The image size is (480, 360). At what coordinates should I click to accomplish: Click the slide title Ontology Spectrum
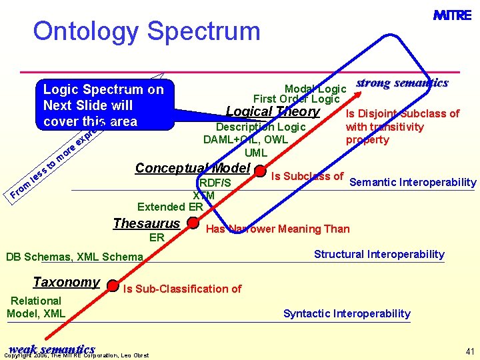coord(146,31)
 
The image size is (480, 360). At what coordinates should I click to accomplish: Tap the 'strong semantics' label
coord(402,83)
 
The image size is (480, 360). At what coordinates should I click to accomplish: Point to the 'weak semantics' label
coord(51,349)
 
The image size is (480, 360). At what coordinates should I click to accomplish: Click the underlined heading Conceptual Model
coord(192,168)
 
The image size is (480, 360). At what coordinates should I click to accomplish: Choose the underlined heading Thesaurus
coord(147,223)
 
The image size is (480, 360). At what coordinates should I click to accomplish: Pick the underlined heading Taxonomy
coord(66,282)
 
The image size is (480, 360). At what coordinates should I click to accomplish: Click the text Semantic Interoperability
coord(413,183)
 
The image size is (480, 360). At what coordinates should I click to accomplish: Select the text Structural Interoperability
coord(379,254)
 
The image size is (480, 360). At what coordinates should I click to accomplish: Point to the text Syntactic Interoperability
coord(347,313)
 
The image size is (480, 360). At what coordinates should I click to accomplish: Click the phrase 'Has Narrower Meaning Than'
coord(277,229)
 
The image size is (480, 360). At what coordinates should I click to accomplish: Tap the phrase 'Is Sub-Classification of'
coord(182,289)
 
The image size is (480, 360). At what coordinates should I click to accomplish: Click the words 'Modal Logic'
coord(315,89)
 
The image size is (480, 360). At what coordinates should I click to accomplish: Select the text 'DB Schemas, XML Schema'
coord(74,257)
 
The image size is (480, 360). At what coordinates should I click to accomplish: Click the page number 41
coord(469,351)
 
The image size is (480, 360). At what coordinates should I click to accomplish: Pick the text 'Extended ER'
coord(170,207)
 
